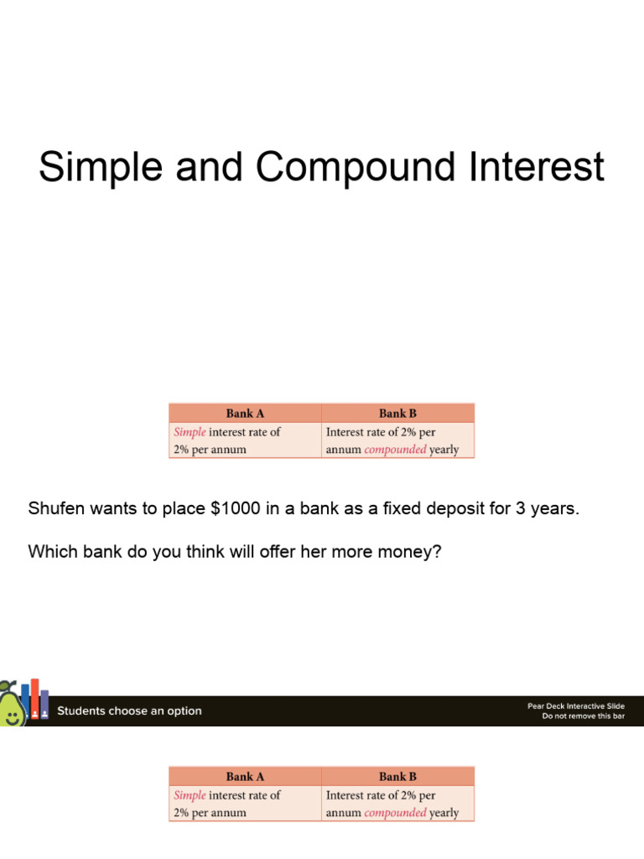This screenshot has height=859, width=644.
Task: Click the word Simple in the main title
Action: coord(88,167)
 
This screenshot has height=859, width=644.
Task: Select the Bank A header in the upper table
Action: coord(245,413)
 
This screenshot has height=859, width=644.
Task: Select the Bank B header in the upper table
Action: coord(397,413)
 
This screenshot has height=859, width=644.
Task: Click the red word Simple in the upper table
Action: coord(190,432)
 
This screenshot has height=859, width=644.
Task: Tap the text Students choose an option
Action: coord(129,711)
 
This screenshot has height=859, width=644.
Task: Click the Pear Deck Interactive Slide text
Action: coord(575,706)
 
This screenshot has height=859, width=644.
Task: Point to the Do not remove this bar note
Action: coord(583,716)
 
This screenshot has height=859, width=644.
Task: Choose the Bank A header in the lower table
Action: coord(245,776)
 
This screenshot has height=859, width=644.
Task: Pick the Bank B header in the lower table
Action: coord(397,776)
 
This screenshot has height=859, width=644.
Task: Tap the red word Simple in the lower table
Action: coord(190,795)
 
